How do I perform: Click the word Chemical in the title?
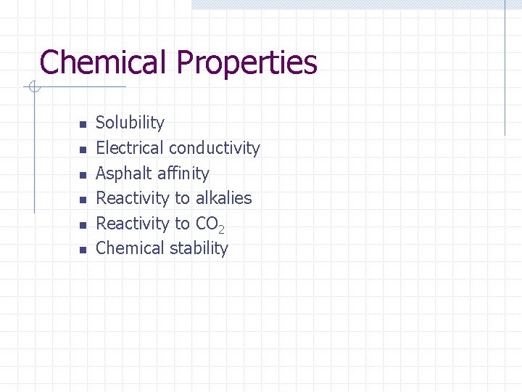click(x=104, y=62)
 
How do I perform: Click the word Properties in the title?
click(x=246, y=64)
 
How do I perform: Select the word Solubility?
click(x=130, y=123)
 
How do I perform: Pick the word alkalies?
click(x=223, y=198)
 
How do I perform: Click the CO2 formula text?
click(x=211, y=224)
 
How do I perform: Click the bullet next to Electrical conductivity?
click(x=83, y=150)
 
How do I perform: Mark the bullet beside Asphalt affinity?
click(x=83, y=175)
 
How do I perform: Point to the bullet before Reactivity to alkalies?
click(x=83, y=200)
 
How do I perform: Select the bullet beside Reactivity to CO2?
click(x=83, y=224)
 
